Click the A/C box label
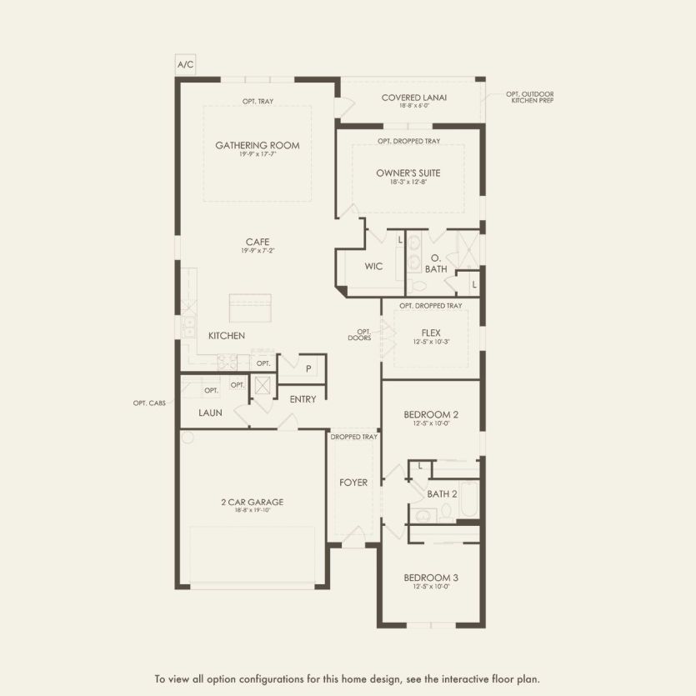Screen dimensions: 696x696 pos(183,64)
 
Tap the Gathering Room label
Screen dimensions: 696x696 pos(258,146)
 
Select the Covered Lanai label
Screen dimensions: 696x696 pos(414,98)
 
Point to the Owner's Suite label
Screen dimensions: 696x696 pos(408,173)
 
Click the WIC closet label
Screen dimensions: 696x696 pos(373,267)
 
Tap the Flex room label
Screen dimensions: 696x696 pos(431,332)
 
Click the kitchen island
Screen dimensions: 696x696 pos(251,308)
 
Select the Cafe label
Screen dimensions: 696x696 pos(257,242)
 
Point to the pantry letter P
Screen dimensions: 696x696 pos(308,368)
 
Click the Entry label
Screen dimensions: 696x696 pos(303,399)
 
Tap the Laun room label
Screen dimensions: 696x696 pos(210,413)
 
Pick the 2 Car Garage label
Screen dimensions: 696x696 pos(253,503)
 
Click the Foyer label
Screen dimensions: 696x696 pos(353,483)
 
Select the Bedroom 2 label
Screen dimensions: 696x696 pos(431,414)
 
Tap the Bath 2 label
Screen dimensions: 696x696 pos(442,493)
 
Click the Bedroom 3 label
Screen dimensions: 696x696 pos(431,578)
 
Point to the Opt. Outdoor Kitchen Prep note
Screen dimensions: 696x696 pos(529,97)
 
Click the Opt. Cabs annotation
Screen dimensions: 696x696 pos(149,403)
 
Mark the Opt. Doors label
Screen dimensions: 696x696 pos(360,334)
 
